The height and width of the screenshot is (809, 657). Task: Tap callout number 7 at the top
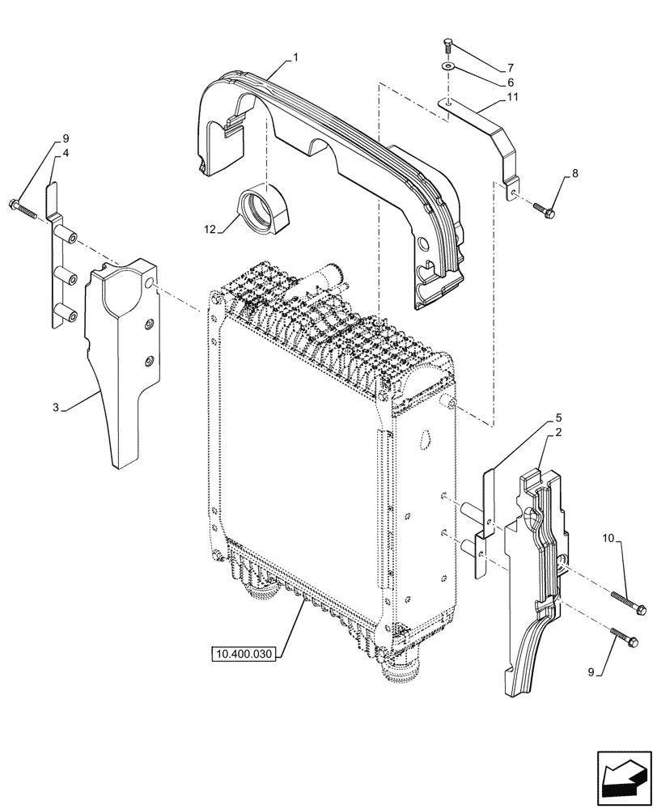510,66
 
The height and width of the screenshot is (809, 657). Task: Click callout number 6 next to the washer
510,83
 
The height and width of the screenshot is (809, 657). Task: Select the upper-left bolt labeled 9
23,206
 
